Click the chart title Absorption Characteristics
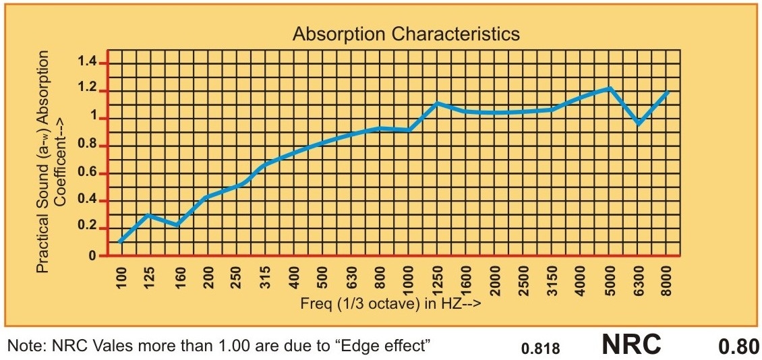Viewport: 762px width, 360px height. point(406,34)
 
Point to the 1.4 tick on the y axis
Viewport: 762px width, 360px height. point(88,63)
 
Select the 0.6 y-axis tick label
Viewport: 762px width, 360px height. point(88,173)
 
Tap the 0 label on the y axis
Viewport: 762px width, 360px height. point(93,256)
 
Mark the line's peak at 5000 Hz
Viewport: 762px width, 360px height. point(610,88)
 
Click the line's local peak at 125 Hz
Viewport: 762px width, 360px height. point(149,215)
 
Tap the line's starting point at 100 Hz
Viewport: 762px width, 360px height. point(121,241)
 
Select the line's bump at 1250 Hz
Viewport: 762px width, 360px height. point(437,103)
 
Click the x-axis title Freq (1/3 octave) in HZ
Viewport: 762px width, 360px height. point(390,304)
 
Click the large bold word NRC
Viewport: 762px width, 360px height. point(631,344)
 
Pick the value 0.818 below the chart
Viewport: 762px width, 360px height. point(540,349)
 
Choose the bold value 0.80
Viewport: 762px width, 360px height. point(738,347)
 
